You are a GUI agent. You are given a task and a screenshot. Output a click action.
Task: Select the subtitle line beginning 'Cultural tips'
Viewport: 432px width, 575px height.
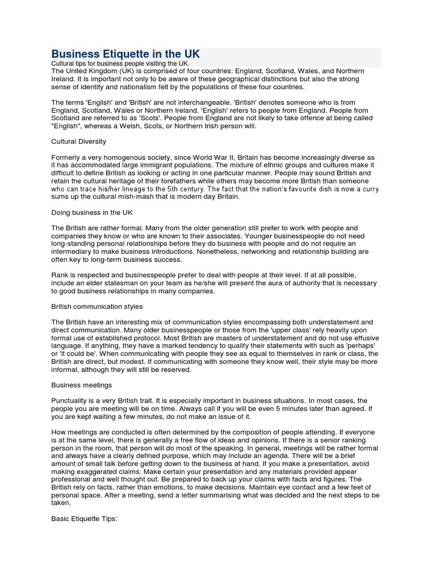coord(120,64)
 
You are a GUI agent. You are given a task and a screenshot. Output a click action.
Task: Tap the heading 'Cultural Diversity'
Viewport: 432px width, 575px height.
coord(79,142)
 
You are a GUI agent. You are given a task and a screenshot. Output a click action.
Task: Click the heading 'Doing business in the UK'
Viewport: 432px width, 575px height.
coord(92,213)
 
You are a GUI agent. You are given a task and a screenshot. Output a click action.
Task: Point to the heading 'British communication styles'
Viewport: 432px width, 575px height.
coord(97,307)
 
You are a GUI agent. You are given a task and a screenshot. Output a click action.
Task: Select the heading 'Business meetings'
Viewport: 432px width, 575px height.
coord(82,385)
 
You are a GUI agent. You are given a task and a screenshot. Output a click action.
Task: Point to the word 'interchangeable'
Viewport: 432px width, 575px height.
coord(205,103)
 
